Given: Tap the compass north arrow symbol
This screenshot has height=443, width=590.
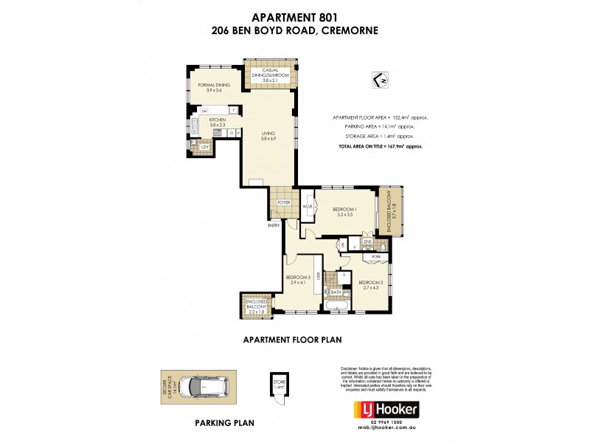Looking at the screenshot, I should (381, 80).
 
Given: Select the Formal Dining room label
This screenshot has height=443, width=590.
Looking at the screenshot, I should (214, 87).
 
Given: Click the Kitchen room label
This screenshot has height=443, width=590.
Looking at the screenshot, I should (217, 122).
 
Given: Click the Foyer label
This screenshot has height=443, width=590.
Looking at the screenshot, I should (284, 202).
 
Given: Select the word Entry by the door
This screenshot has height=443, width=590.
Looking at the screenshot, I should (274, 226).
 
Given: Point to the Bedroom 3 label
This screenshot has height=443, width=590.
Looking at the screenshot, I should (299, 279).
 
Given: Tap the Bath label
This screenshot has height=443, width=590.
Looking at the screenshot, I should (336, 292).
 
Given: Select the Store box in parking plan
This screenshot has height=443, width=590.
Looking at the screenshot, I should (279, 385).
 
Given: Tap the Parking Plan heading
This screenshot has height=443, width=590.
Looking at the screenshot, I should (224, 424).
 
